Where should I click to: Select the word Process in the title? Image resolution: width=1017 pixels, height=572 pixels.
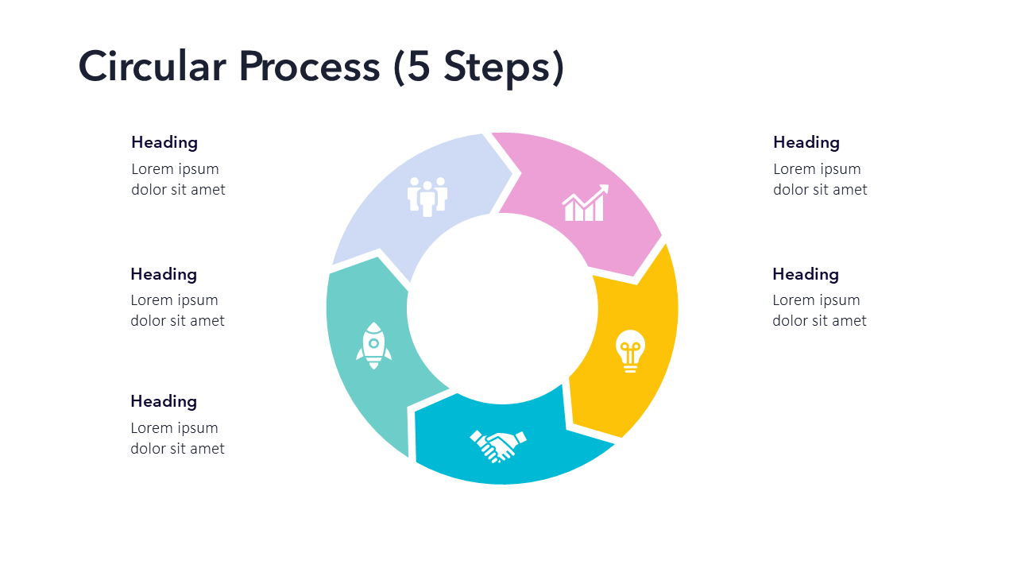coord(309,67)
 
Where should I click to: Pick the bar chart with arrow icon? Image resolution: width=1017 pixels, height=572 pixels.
coord(585,203)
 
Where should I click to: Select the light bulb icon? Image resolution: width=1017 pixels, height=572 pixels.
coord(630,350)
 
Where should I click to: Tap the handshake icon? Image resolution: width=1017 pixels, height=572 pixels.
coord(498,445)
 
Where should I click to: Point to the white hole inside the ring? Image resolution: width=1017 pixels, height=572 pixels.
coord(502,308)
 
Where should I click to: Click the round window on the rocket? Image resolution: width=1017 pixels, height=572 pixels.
coord(373,343)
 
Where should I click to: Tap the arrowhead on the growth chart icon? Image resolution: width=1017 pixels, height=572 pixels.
coord(605,189)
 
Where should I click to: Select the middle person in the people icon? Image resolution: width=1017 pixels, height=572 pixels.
coord(427,199)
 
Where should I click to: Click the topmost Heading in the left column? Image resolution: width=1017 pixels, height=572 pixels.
coord(164,142)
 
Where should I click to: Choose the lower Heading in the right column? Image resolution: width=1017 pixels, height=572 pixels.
coord(806,274)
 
